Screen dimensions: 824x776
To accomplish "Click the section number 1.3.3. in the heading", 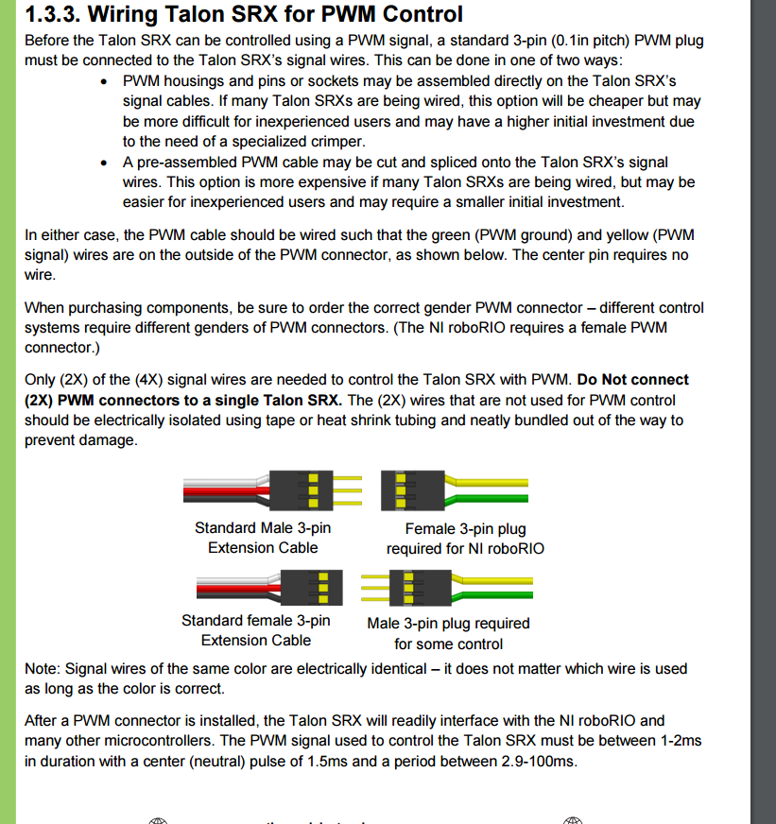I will pos(51,14).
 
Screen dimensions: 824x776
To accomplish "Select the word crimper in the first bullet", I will pos(335,141).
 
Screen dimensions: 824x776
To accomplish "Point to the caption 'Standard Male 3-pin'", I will pos(263,527).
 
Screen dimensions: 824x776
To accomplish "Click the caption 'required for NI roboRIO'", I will pos(465,548).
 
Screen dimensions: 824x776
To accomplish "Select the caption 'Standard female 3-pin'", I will pos(256,620).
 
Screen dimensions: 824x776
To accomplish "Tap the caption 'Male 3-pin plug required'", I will pos(448,624).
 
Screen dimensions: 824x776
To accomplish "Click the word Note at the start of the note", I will pos(41,668).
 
